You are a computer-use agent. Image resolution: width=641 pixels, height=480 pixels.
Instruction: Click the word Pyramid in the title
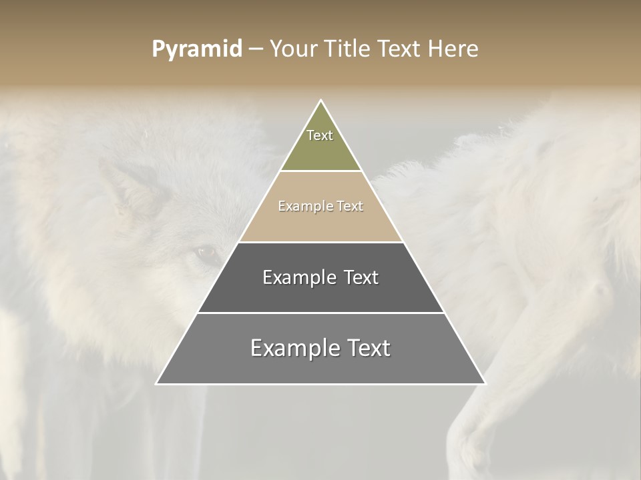click(196, 49)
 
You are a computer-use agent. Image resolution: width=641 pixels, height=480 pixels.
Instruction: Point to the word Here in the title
click(453, 49)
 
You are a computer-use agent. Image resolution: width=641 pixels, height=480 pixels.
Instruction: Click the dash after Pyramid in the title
click(256, 49)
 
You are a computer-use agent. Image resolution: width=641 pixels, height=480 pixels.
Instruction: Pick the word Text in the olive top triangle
click(320, 135)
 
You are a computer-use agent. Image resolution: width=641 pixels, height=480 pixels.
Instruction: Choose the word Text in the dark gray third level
click(361, 277)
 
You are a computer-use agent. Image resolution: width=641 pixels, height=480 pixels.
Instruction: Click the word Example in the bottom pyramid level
click(291, 348)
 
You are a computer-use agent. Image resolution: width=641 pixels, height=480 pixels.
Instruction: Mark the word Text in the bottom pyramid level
click(367, 348)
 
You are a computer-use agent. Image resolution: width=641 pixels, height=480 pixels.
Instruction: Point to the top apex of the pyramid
click(321, 101)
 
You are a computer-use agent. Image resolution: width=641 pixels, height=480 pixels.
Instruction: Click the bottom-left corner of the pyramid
click(157, 383)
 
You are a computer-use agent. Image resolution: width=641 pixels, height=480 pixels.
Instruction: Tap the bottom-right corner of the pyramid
click(485, 383)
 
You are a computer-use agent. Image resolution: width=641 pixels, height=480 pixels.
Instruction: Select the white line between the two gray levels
click(321, 313)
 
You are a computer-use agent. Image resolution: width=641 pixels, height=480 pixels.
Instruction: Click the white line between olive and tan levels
click(321, 171)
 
